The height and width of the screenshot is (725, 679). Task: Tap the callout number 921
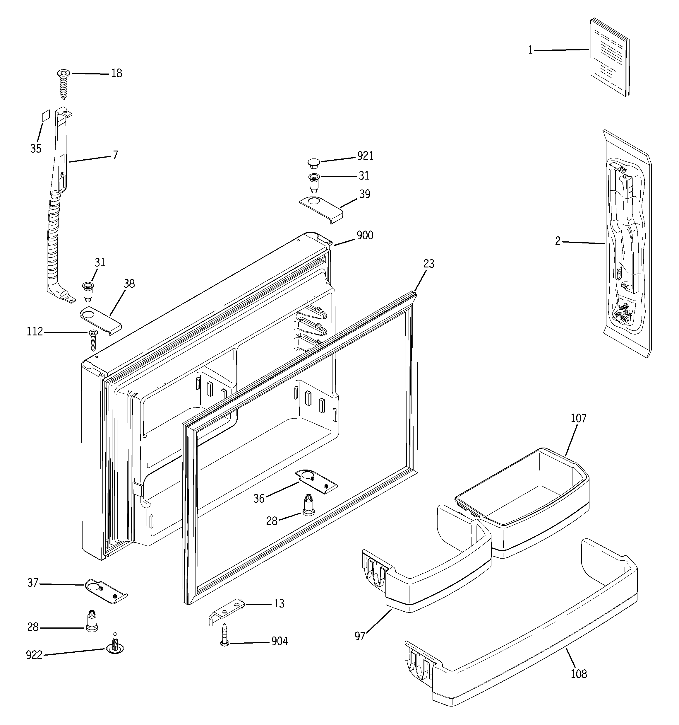365,156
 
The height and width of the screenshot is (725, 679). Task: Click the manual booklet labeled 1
609,58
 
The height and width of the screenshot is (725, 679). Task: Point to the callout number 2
558,241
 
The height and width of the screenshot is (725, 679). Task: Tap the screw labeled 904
225,635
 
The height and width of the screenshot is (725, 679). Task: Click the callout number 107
578,418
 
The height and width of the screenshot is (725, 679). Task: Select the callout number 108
578,673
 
